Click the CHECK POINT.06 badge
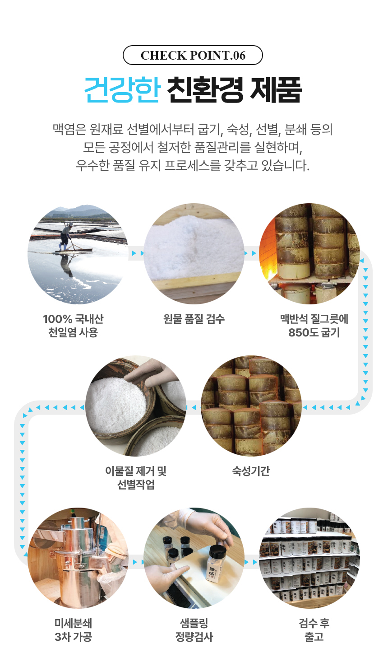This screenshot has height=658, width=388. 193,55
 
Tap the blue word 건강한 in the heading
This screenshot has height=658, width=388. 122,89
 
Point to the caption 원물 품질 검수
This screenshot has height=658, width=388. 194,319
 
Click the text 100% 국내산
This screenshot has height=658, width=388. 73,319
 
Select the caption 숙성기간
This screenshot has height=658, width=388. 251,471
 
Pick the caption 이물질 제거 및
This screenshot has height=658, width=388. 136,471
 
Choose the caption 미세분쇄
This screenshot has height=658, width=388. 74,623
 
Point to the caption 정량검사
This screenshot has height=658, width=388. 194,637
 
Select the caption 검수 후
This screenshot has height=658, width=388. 314,623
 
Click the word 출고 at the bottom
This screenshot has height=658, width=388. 314,637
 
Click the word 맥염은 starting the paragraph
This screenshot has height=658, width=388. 69,129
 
